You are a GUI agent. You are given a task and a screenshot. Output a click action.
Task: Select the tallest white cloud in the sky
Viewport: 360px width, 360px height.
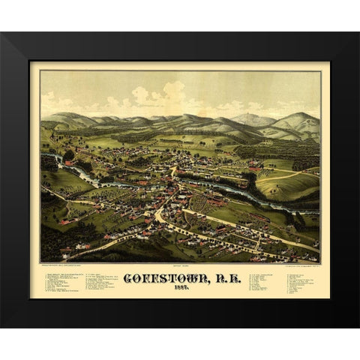click(x=173, y=94)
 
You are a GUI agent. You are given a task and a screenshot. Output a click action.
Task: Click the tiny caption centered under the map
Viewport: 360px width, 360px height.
click(x=180, y=263)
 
